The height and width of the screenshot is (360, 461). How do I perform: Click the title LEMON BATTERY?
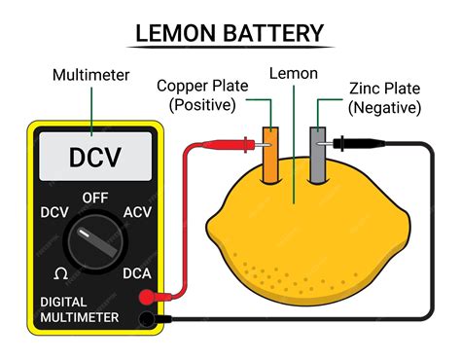pos(230,33)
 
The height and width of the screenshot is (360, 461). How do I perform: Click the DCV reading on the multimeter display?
pos(94,156)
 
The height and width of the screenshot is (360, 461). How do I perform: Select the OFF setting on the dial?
pos(94,197)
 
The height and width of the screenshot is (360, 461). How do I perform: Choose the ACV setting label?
pos(138,213)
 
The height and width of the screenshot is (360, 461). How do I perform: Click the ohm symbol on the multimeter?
pos(60,273)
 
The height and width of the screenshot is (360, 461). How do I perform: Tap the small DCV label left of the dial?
pos(54,213)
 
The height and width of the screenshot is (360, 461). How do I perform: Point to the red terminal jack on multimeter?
pos(146,298)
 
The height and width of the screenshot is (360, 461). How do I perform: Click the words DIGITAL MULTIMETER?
pos(80,309)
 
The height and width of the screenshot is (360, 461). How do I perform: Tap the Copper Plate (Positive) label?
pos(201,95)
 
